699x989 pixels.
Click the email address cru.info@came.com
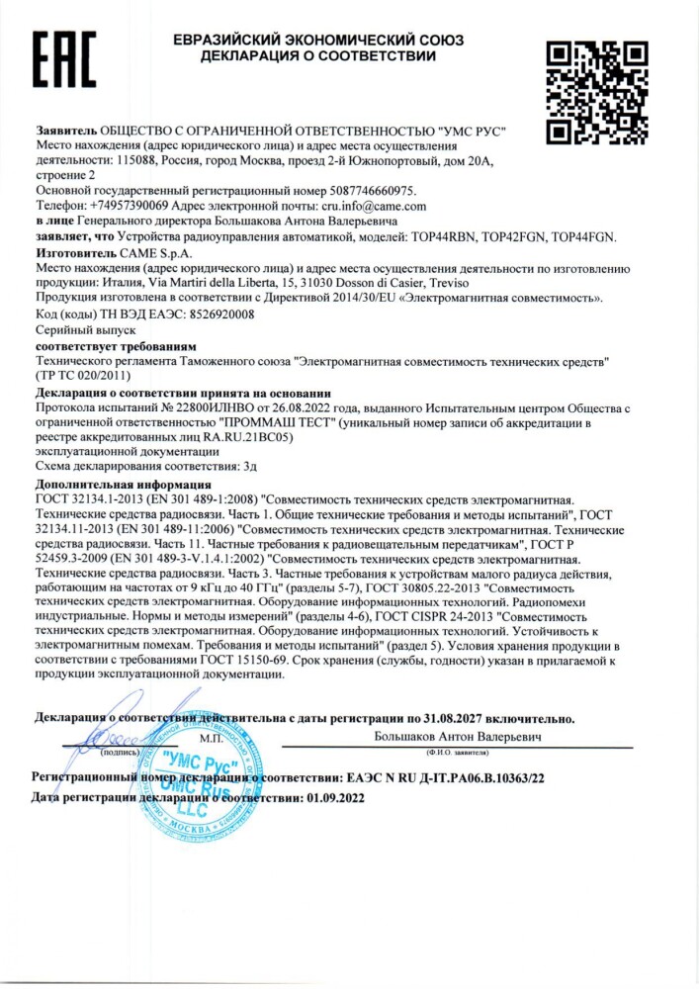[375, 206]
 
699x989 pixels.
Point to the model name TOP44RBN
[446, 237]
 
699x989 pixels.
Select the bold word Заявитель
[65, 130]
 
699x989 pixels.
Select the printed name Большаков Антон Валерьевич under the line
[457, 737]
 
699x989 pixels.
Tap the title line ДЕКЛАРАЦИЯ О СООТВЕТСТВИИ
[317, 56]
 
